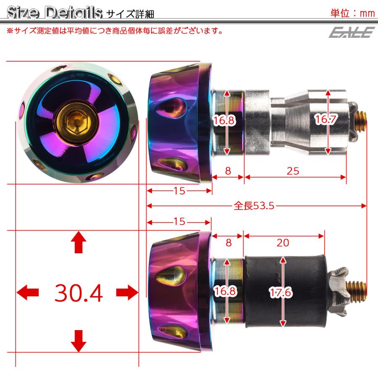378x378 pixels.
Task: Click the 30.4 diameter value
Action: (x=79, y=293)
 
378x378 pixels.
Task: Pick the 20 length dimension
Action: (x=283, y=242)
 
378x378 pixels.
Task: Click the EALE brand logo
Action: (x=352, y=31)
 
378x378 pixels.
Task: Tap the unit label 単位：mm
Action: (x=352, y=13)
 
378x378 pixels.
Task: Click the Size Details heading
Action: (x=55, y=13)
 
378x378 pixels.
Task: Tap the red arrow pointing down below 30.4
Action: (x=78, y=341)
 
